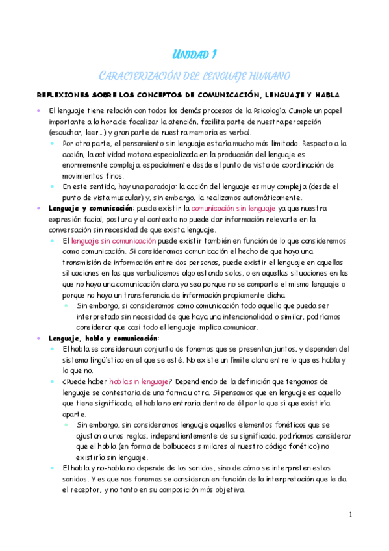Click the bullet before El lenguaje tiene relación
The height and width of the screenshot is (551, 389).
coord(40,111)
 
